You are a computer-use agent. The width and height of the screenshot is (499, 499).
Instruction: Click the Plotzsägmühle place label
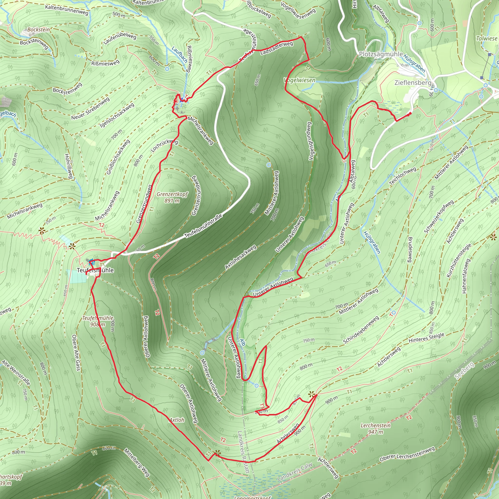pos(381,54)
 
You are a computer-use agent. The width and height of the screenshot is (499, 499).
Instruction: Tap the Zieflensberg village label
pos(413,83)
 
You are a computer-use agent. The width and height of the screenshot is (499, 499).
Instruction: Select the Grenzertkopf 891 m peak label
pos(172,197)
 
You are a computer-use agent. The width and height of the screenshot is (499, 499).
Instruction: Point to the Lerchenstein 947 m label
pos(375,429)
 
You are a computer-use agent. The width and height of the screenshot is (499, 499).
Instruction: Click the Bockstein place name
pos(38,30)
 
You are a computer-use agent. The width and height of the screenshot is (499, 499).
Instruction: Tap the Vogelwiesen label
pos(300,80)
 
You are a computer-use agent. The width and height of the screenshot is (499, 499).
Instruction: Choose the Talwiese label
pos(487,38)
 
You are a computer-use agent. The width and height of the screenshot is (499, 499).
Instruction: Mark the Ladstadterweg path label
pos(277,48)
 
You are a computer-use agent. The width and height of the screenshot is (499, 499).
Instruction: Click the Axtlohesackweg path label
pos(240,257)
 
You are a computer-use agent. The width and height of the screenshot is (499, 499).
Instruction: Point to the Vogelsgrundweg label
pos(310,141)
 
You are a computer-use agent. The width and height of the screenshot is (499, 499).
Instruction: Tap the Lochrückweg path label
pos(164,145)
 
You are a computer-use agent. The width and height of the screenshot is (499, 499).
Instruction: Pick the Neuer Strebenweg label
pos(90,108)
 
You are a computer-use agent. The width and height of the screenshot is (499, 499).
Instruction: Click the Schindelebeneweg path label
pos(361,330)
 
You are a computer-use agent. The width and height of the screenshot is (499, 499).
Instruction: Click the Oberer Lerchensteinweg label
pos(407,454)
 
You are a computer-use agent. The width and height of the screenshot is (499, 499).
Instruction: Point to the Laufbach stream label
pos(180,55)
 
